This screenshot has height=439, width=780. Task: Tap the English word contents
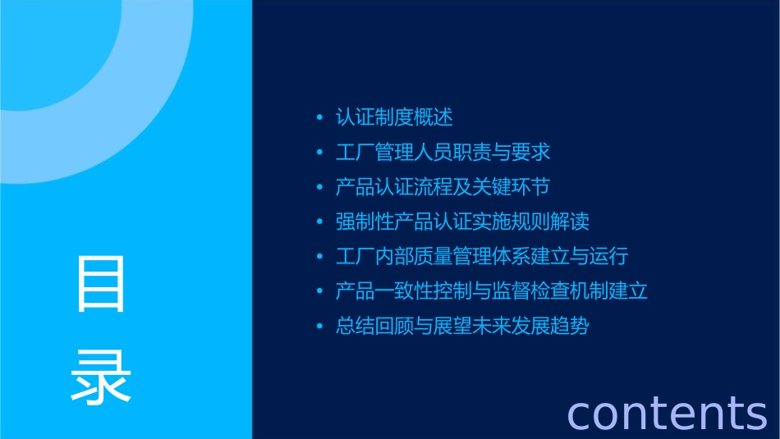pos(667,412)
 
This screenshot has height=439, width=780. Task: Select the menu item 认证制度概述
pos(394,117)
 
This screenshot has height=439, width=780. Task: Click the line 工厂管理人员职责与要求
pos(443,153)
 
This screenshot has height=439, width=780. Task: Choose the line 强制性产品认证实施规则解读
pos(462,222)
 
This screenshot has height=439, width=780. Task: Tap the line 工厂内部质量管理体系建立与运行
pos(482,256)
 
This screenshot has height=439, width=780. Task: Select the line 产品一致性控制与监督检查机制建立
pos(492,291)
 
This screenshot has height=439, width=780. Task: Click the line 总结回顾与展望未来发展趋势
pos(462,326)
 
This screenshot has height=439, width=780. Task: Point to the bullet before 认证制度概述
pos(319,118)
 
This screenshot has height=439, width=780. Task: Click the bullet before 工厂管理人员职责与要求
pos(319,153)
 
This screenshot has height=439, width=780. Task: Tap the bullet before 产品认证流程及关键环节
pos(319,188)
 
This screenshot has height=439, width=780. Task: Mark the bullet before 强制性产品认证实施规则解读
pos(319,222)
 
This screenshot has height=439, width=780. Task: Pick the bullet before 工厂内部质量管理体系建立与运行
pos(319,257)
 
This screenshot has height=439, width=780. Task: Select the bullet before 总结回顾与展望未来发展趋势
pos(319,327)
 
